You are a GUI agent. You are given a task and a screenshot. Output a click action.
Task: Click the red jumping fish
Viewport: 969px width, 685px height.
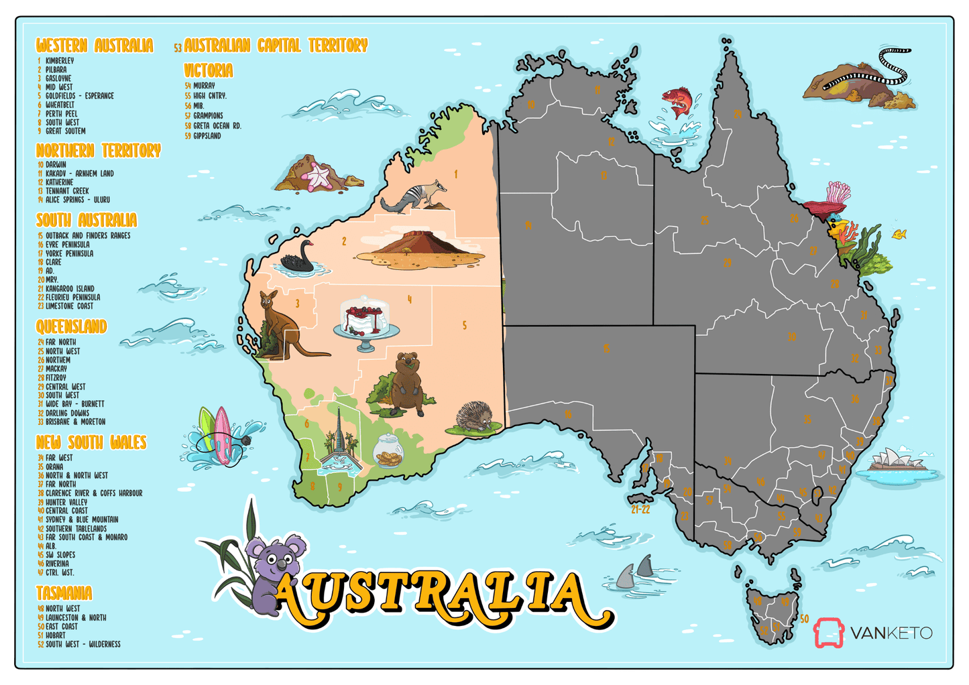679,101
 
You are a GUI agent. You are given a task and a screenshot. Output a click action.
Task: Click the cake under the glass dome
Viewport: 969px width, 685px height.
365,319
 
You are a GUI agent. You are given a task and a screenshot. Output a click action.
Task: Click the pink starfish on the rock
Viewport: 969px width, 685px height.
319,177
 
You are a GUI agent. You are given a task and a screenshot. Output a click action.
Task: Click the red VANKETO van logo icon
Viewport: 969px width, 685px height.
829,633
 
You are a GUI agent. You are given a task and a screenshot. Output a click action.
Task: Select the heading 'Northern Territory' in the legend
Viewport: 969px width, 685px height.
99,150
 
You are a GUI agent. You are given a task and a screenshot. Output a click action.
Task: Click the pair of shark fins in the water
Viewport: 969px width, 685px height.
636,571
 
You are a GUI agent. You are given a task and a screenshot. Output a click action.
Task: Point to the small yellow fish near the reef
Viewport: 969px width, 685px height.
899,234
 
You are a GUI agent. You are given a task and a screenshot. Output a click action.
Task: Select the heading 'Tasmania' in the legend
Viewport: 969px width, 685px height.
64,593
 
